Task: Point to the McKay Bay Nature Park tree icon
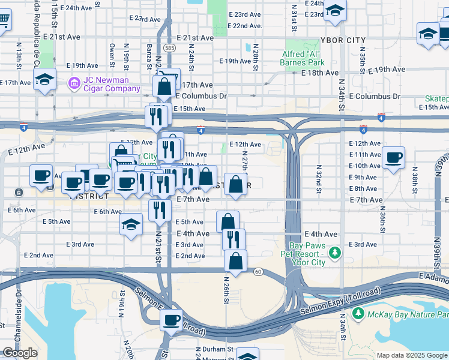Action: pos(358,313)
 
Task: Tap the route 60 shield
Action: pos(257,272)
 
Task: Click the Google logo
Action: pos(20,353)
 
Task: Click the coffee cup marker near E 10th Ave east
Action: pos(393,158)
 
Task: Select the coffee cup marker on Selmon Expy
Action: pos(172,319)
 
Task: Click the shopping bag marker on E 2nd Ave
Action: pos(235,261)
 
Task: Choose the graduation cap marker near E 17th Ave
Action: pos(44,80)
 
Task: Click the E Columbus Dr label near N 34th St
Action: pos(374,96)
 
